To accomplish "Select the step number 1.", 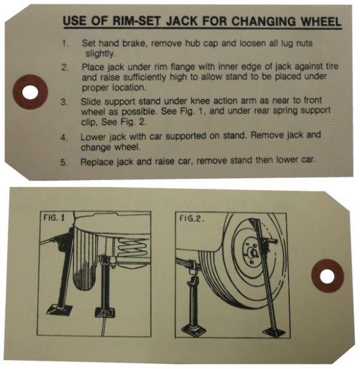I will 65,44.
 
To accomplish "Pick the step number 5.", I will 65,162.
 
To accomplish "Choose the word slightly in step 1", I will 100,54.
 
